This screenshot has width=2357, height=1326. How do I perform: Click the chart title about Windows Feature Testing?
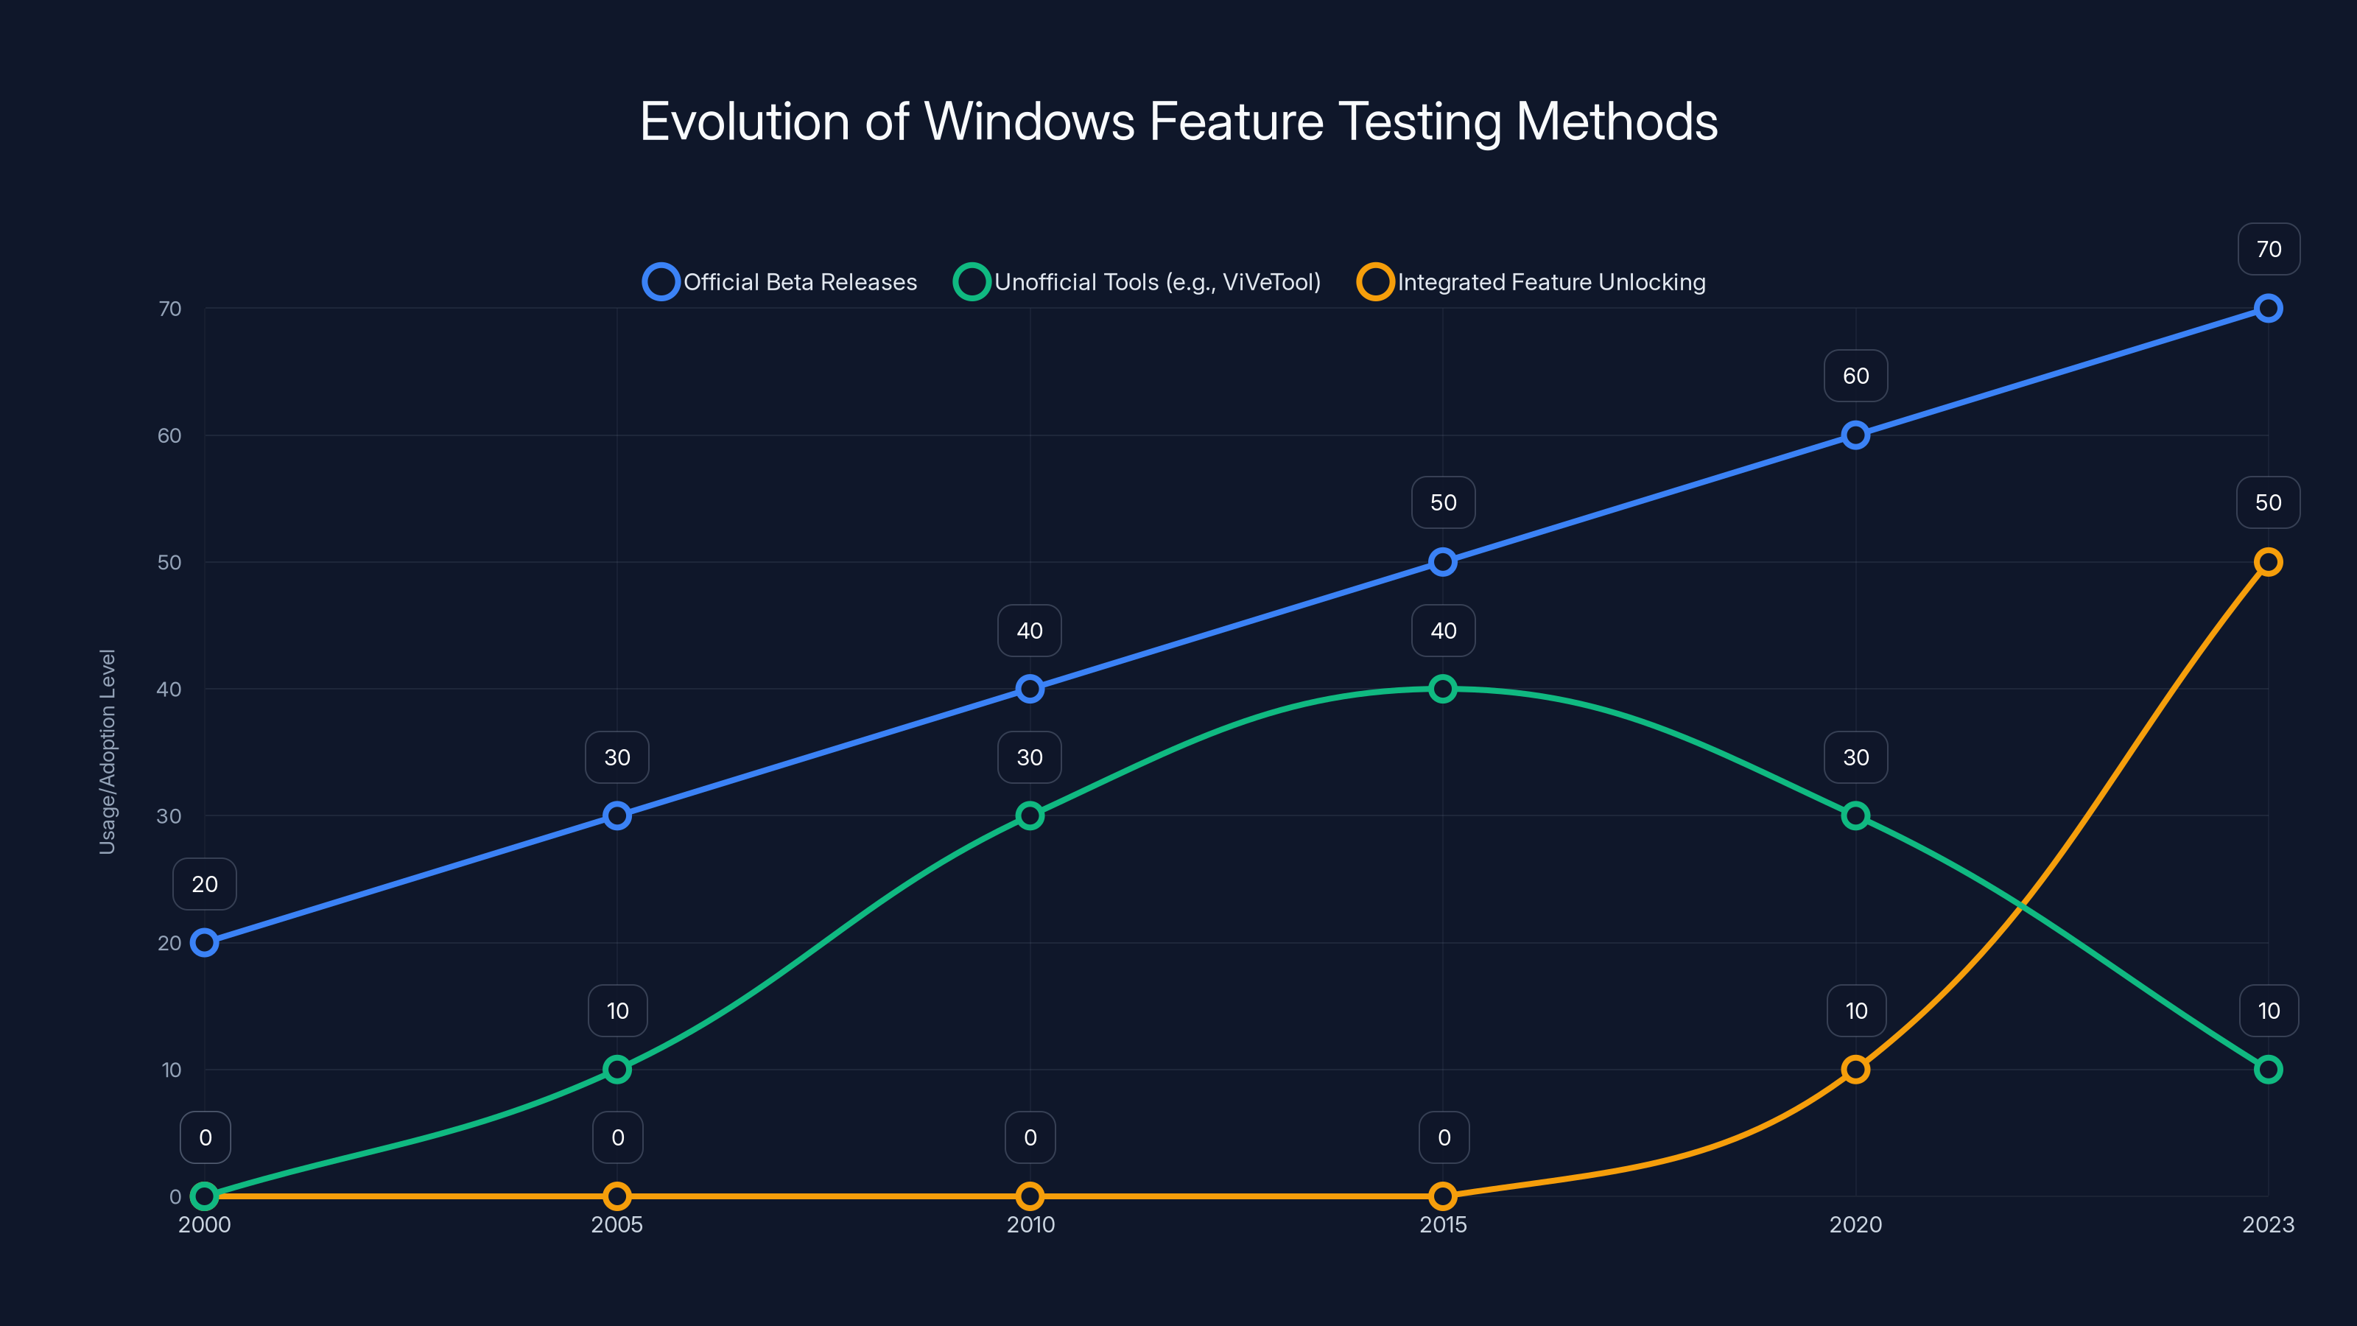1178,122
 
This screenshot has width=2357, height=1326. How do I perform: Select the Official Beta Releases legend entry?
781,282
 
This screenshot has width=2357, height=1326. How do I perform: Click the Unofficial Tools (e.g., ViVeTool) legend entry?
1137,282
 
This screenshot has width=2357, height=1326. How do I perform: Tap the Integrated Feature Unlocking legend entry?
1532,282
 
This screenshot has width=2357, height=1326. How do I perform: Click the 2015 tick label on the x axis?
1443,1224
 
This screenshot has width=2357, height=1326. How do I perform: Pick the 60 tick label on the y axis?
169,435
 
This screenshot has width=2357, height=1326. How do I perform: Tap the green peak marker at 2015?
1443,688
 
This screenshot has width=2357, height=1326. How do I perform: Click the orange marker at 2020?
1855,1069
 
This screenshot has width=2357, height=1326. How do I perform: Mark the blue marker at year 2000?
205,943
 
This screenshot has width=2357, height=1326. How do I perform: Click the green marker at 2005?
618,1069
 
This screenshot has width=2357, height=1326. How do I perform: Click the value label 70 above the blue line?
2269,249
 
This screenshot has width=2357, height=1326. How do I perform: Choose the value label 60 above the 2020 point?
1855,376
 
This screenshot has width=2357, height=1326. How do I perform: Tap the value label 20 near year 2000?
205,884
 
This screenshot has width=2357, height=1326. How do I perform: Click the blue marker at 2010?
1030,688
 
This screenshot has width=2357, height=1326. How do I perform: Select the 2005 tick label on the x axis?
618,1224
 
